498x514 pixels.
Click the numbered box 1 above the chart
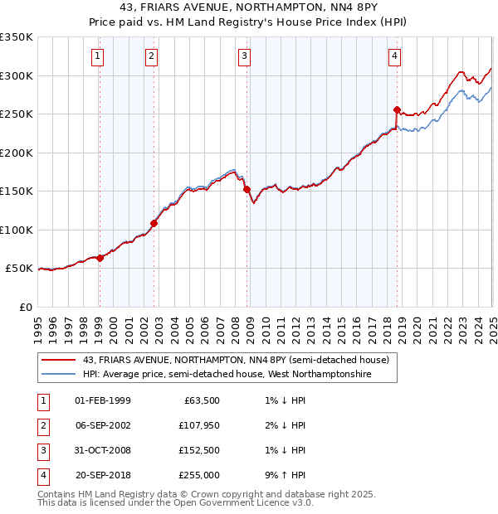(98, 56)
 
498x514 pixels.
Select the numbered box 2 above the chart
(152, 56)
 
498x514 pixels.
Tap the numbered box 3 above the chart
(245, 56)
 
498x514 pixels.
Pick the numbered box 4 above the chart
(394, 56)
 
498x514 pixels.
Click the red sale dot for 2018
(397, 109)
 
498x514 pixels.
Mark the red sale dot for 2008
(247, 189)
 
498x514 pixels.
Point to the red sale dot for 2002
(154, 223)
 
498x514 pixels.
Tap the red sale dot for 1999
(100, 258)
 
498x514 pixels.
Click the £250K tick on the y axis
(17, 114)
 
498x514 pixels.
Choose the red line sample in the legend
(59, 360)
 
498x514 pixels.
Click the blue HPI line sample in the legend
(59, 375)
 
